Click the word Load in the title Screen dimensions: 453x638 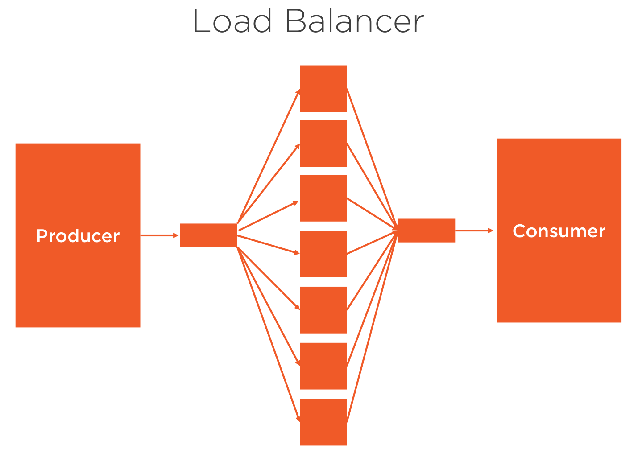point(232,21)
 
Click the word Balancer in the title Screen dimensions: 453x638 point(354,21)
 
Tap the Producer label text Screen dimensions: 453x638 point(78,236)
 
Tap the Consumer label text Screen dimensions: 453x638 point(559,231)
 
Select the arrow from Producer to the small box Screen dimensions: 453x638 point(159,235)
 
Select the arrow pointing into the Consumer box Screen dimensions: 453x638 point(474,231)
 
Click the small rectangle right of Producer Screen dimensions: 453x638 point(208,235)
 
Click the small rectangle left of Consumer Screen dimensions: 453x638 point(426,231)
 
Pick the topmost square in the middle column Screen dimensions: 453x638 point(323,89)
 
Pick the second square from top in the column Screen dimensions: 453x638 point(323,143)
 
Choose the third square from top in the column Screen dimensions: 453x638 point(323,198)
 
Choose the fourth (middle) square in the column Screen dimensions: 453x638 point(323,254)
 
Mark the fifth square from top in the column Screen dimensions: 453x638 point(323,310)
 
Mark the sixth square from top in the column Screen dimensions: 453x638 point(323,366)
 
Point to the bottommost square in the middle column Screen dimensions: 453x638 point(323,422)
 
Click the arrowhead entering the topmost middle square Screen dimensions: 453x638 point(298,92)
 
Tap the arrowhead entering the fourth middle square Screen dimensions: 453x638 point(297,253)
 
